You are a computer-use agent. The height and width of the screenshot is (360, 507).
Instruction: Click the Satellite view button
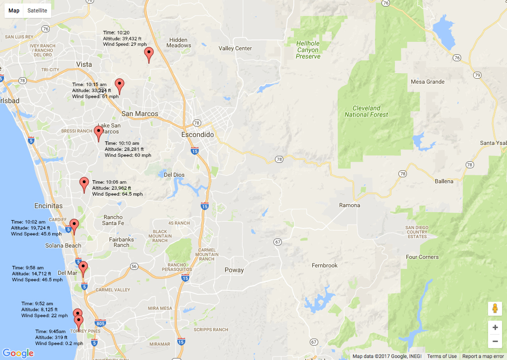(x=37, y=10)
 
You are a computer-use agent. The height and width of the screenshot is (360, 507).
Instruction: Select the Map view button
(x=14, y=10)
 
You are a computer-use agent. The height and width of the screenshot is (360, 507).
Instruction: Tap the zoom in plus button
(x=495, y=327)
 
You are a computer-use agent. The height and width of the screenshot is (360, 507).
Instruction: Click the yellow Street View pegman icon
(x=495, y=309)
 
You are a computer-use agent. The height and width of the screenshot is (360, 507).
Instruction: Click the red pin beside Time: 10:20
(x=148, y=54)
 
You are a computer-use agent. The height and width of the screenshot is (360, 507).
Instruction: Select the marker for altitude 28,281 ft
(x=99, y=133)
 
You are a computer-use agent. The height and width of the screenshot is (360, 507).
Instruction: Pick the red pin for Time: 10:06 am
(x=84, y=184)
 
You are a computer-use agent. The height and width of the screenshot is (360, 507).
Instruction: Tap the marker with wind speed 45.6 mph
(x=74, y=226)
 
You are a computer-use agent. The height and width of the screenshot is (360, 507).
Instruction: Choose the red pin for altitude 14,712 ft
(x=83, y=268)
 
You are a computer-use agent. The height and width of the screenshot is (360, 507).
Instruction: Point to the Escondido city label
(x=197, y=135)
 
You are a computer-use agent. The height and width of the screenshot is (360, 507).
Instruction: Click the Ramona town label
(x=349, y=205)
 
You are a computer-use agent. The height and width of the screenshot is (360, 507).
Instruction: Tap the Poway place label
(x=234, y=270)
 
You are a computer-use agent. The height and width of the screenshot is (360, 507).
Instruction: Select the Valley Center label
(x=235, y=48)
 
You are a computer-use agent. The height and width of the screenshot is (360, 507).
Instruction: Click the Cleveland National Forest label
(x=366, y=111)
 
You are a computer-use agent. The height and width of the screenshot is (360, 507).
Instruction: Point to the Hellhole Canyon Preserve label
(x=307, y=50)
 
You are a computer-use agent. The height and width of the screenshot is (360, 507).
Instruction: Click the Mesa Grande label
(x=427, y=82)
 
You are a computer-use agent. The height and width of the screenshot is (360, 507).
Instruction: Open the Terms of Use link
(x=442, y=356)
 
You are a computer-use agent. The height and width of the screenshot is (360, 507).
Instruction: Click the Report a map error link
(x=483, y=356)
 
